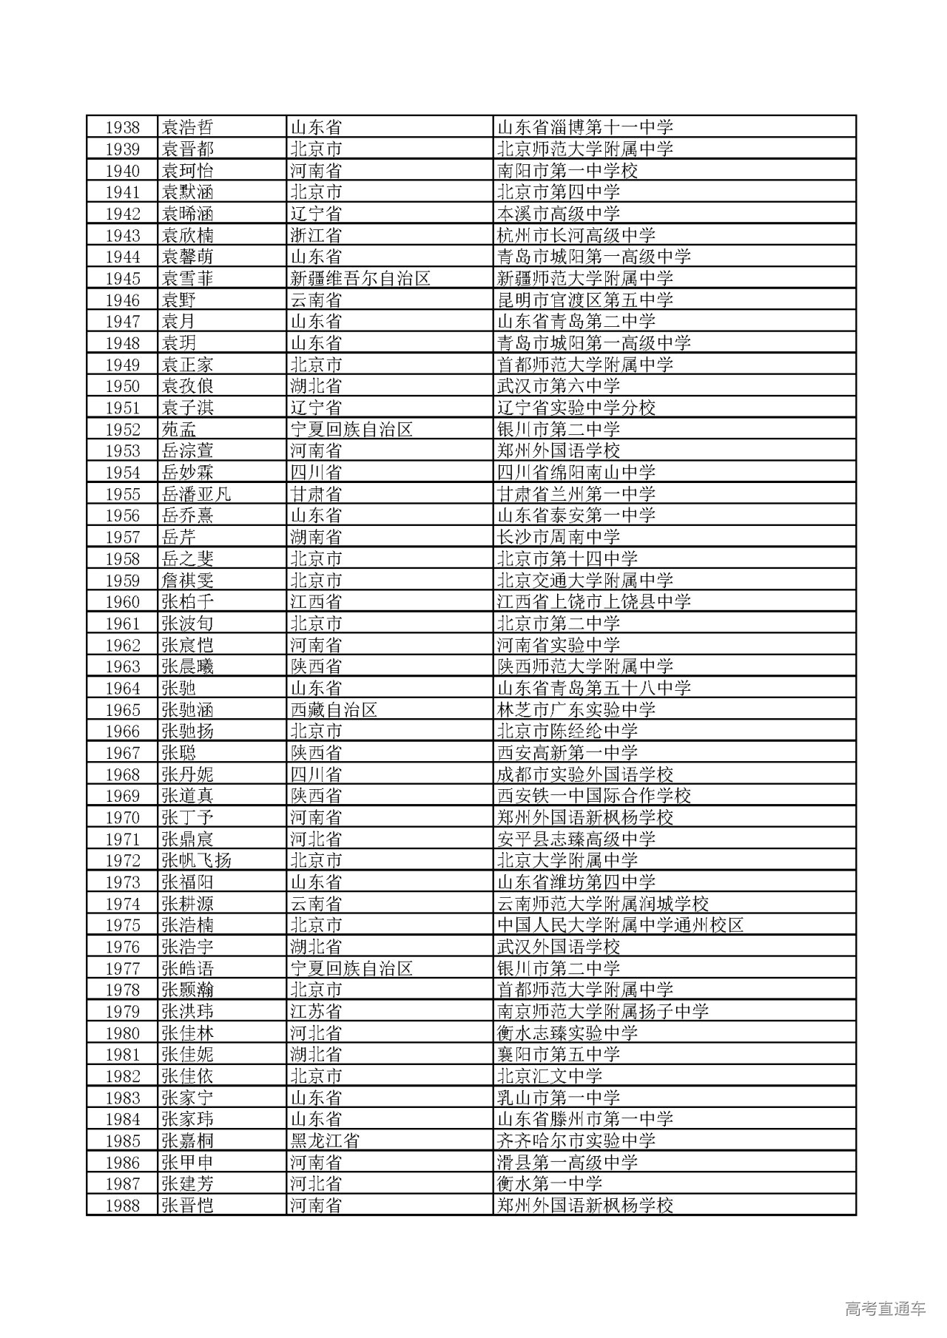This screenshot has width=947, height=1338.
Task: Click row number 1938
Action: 122,127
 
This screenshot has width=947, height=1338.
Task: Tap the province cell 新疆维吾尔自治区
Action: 360,278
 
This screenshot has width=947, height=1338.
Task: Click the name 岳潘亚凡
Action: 196,493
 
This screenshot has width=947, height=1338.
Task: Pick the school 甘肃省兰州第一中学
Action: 576,493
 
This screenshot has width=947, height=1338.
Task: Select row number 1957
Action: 122,537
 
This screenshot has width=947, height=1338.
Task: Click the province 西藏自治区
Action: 334,709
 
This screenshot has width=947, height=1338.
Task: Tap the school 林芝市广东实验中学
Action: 576,709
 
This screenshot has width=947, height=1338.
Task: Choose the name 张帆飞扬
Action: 196,860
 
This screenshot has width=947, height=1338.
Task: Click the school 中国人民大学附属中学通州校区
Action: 620,925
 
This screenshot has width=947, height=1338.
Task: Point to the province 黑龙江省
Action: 325,1141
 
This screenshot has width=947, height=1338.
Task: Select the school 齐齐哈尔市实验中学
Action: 576,1141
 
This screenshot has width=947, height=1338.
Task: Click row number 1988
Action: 122,1205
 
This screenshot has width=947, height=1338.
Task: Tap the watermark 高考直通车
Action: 885,1308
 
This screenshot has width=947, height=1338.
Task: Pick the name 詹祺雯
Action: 188,580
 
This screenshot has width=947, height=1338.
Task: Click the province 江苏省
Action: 316,1011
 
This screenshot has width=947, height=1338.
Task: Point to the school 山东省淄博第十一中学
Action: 585,127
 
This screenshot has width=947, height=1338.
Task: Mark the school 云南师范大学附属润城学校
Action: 603,903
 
